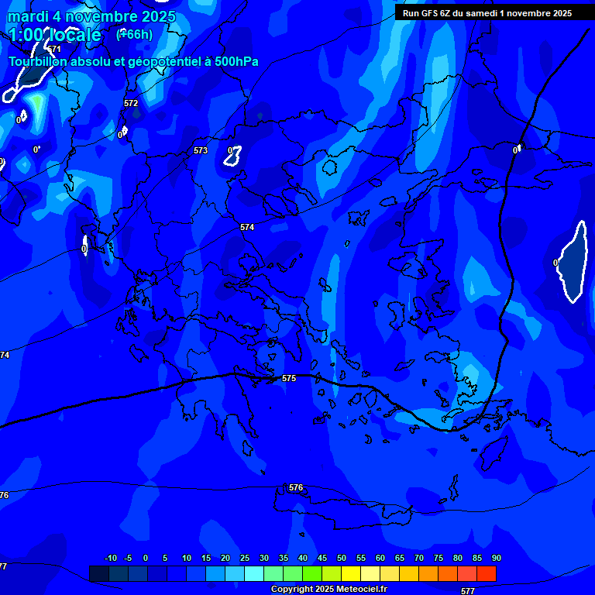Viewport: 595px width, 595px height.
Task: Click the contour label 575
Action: point(289,378)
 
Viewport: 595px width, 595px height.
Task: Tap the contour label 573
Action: point(201,150)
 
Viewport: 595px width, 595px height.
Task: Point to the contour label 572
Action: point(131,103)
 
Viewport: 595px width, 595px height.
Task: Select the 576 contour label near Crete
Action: point(296,487)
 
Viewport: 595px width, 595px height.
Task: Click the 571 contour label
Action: point(54,49)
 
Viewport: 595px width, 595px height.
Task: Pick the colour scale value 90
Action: point(496,558)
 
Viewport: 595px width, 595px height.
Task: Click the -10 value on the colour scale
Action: point(110,558)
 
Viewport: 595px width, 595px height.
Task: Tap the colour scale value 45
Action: point(322,558)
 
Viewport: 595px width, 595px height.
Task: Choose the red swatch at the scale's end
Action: point(487,573)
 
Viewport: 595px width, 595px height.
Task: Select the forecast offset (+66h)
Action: point(134,34)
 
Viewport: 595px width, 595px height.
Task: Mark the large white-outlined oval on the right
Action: point(573,262)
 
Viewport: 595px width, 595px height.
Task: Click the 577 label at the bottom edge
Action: point(468,590)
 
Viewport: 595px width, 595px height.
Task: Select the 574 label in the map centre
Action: point(247,227)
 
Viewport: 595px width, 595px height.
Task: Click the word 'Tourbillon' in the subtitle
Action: point(37,62)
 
